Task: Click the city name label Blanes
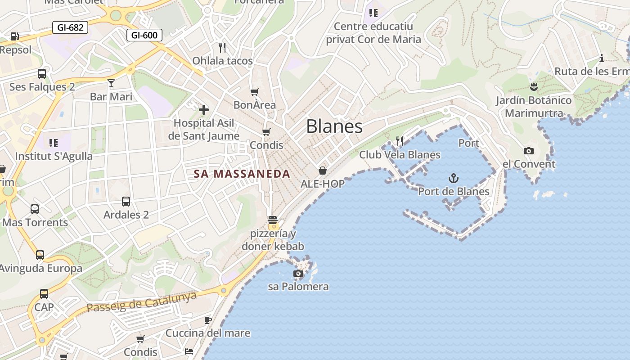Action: (x=334, y=126)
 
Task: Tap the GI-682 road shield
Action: (x=70, y=27)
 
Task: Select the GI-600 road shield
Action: (x=144, y=35)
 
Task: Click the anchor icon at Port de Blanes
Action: (x=453, y=178)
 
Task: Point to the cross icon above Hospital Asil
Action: (x=204, y=109)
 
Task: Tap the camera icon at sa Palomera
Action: (x=298, y=273)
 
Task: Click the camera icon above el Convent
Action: (x=529, y=151)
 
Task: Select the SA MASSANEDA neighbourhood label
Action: (x=242, y=174)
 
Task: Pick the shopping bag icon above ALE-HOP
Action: (x=323, y=170)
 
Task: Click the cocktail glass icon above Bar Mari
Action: (x=111, y=83)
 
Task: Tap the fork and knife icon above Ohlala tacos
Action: (x=222, y=47)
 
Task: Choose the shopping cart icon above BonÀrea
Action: (x=255, y=92)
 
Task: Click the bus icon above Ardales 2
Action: (x=126, y=202)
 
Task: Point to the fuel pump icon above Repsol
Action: (x=15, y=36)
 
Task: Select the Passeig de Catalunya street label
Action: (x=142, y=301)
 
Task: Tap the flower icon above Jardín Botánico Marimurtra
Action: (x=534, y=86)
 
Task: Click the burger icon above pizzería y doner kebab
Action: (x=272, y=220)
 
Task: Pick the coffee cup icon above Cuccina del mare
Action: (x=207, y=320)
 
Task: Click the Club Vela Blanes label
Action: (x=400, y=155)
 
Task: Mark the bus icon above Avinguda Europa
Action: (x=40, y=255)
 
